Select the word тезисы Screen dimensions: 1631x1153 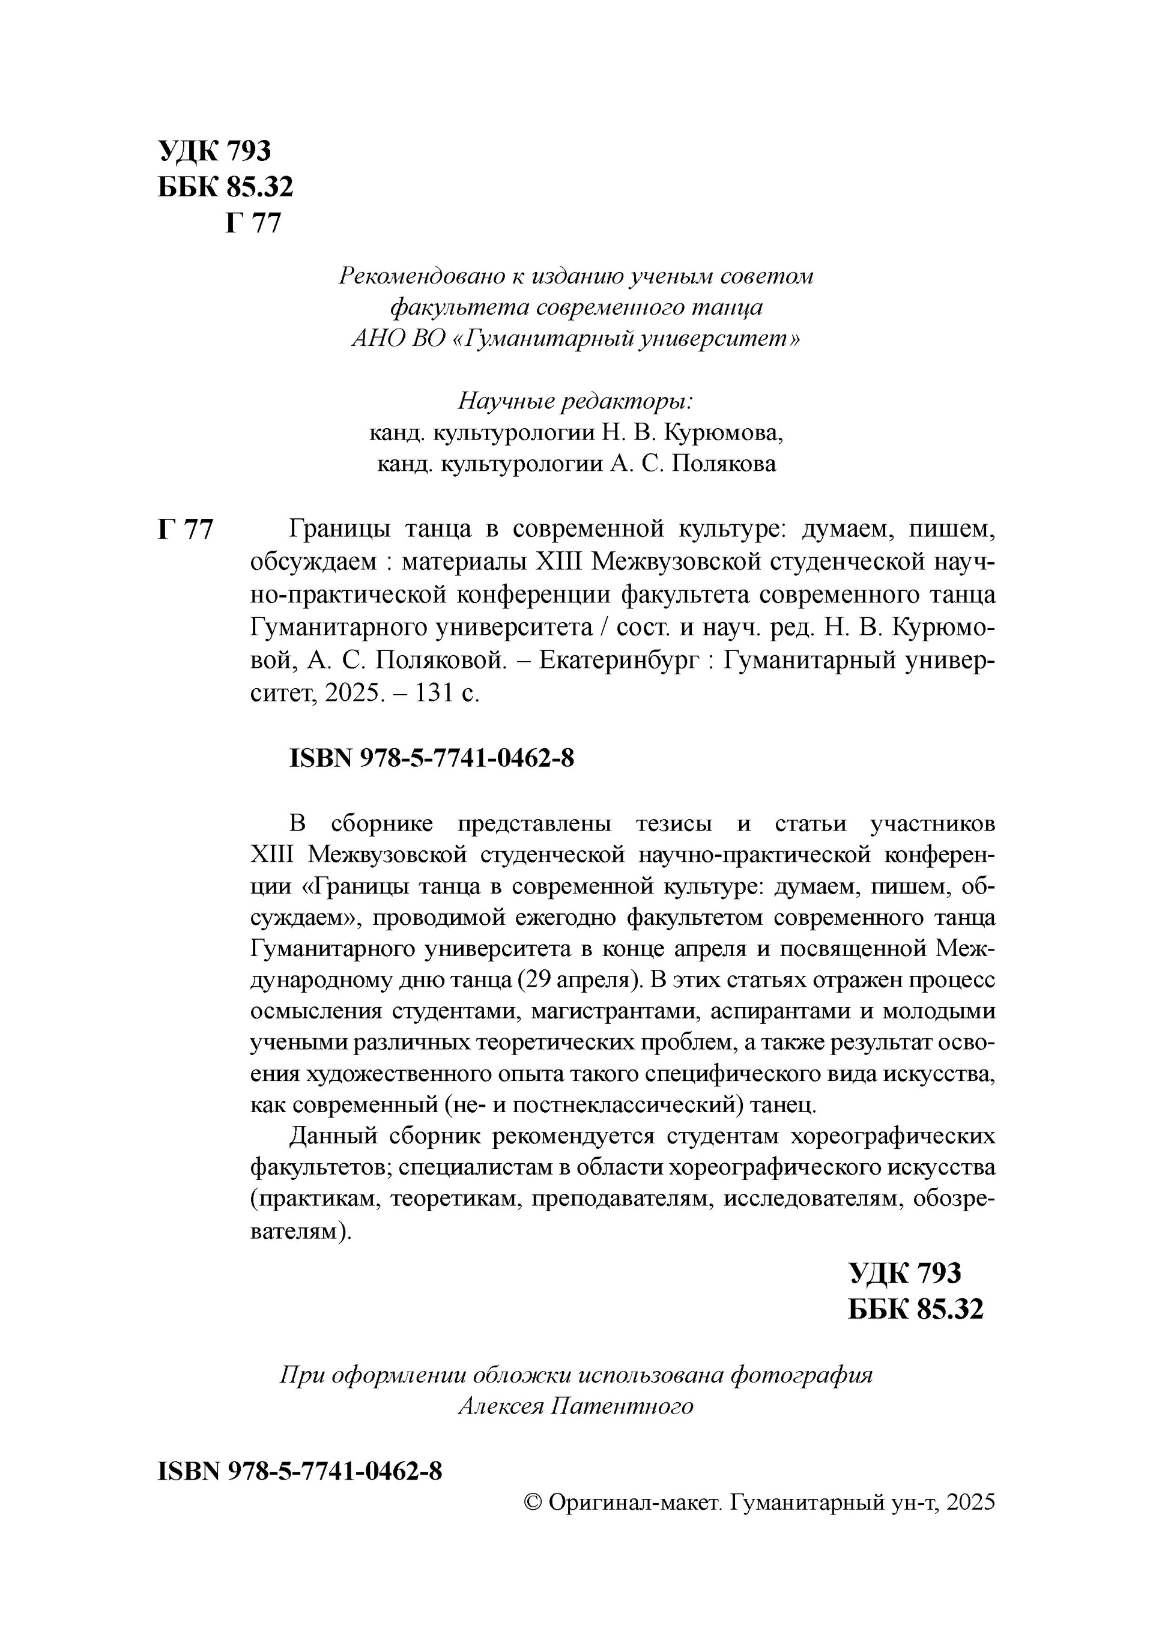coord(673,824)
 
